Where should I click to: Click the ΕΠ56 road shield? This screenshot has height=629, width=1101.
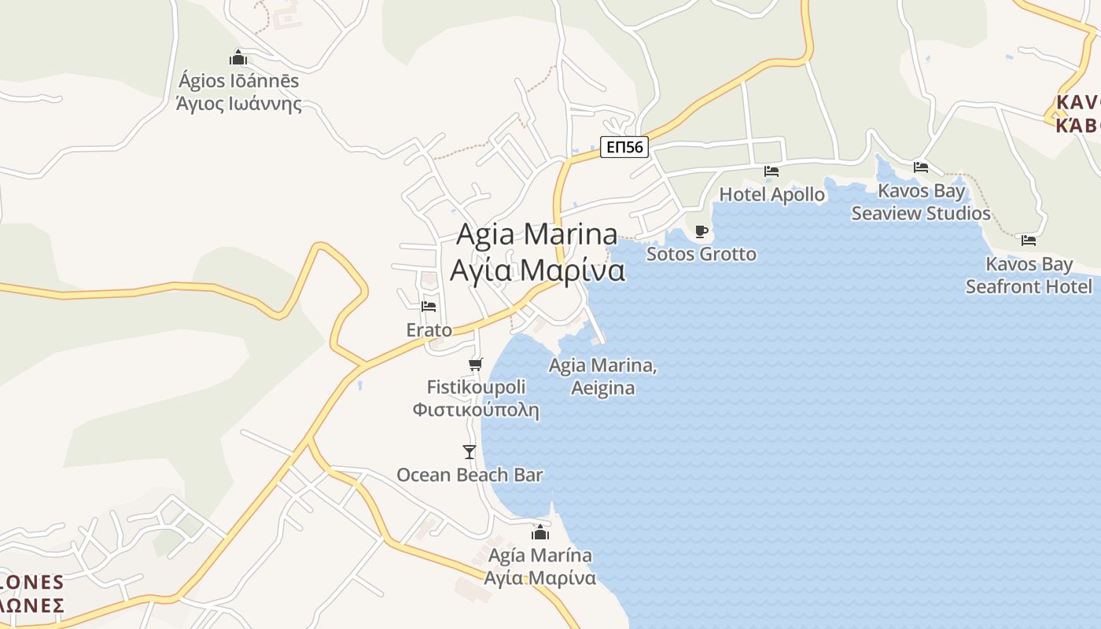624,146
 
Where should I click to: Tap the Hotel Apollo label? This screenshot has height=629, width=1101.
772,194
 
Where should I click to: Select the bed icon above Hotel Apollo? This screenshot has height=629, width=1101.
771,171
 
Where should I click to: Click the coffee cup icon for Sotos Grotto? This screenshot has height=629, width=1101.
701,231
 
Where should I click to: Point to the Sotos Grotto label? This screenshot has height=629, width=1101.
701,254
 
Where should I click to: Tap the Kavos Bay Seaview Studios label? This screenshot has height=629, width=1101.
921,202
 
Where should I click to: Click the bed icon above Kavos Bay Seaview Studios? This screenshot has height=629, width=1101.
921,167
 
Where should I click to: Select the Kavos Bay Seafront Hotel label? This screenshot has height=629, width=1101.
1029,275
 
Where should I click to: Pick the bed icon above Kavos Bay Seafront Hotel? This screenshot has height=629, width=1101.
1029,240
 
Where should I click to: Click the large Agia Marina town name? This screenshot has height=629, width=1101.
538,252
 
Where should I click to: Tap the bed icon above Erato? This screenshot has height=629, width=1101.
429,306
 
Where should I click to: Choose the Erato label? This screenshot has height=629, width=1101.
429,330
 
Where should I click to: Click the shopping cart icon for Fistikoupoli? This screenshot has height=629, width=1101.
475,364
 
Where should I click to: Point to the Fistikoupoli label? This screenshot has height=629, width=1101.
477,398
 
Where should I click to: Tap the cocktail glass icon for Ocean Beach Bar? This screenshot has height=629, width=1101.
469,451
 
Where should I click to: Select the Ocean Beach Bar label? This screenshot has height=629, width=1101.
469,475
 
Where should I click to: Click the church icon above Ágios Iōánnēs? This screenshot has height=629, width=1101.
238,57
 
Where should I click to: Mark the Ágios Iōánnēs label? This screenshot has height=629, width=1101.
239,92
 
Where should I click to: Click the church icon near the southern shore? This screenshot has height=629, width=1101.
540,532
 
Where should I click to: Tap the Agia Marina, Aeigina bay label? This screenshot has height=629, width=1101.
603,377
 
